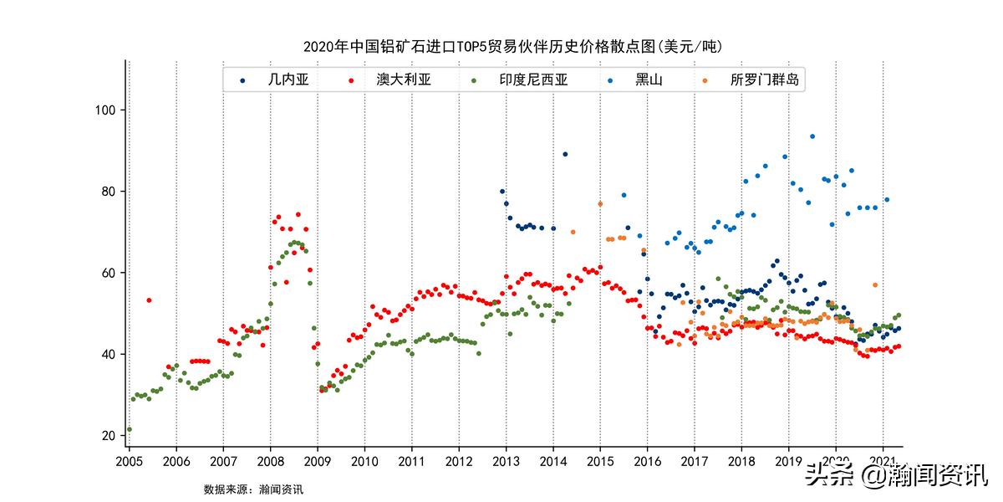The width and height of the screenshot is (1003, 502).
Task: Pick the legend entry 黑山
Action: (648, 80)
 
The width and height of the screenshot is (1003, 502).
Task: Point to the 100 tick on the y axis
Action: (109, 110)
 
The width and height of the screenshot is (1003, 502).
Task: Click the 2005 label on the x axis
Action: (129, 461)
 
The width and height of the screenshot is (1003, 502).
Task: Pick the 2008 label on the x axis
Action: (270, 461)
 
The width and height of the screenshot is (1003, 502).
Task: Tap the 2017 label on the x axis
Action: (694, 461)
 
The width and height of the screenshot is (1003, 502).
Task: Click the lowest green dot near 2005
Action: (129, 429)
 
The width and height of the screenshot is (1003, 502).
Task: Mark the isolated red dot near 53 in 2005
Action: (149, 300)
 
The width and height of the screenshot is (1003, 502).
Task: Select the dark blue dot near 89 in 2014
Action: (565, 154)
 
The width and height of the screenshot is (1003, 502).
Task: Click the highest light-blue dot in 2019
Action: (812, 136)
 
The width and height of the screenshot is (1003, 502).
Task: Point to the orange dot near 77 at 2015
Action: (600, 204)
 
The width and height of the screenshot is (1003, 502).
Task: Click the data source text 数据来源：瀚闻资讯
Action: (253, 489)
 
